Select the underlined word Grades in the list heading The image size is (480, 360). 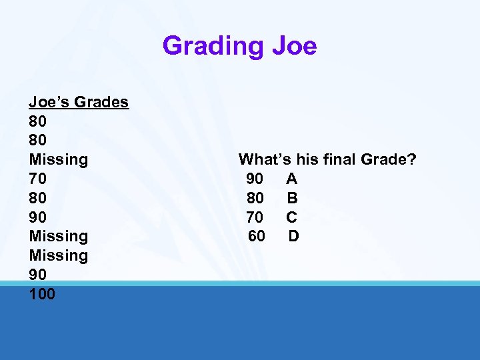click(x=101, y=102)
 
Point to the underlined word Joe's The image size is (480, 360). click(x=49, y=102)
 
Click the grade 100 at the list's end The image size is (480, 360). click(x=43, y=293)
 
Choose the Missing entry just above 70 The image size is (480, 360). click(x=59, y=159)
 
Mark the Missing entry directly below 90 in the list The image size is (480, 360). click(x=59, y=236)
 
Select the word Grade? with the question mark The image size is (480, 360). click(x=389, y=159)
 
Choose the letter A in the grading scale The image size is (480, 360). click(x=292, y=179)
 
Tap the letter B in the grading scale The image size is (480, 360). click(x=292, y=198)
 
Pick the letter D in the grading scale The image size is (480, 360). click(x=294, y=236)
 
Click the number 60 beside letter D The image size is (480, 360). click(x=257, y=236)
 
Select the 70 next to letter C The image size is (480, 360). click(x=255, y=217)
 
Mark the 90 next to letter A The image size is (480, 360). click(x=255, y=179)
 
